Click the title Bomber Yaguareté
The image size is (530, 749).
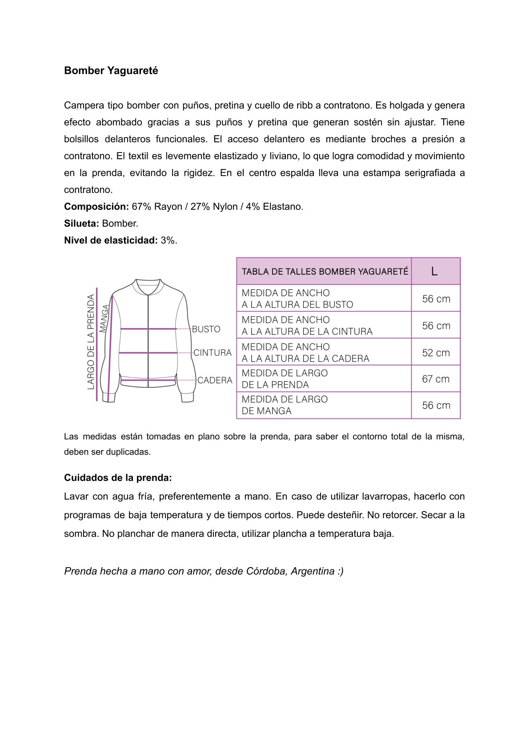point(111,71)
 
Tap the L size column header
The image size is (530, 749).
point(434,271)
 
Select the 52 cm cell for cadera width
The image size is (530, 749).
point(436,353)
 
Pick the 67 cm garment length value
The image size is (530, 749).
point(436,379)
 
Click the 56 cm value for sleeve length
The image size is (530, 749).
point(436,405)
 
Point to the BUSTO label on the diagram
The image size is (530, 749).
point(206,329)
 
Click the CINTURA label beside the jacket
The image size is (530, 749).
point(213,353)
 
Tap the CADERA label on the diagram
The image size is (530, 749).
point(215,380)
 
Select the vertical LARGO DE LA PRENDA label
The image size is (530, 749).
point(91,342)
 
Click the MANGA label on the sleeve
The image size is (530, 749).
point(104,318)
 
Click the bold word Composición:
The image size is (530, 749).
point(96,207)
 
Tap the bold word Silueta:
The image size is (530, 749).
point(81,224)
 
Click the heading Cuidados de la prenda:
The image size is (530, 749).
point(118,478)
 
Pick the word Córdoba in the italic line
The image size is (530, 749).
point(266,571)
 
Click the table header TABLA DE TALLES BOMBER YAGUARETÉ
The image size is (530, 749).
point(325,271)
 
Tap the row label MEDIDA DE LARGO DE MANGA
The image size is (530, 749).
point(285,405)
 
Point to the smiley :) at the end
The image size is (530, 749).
point(340,571)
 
